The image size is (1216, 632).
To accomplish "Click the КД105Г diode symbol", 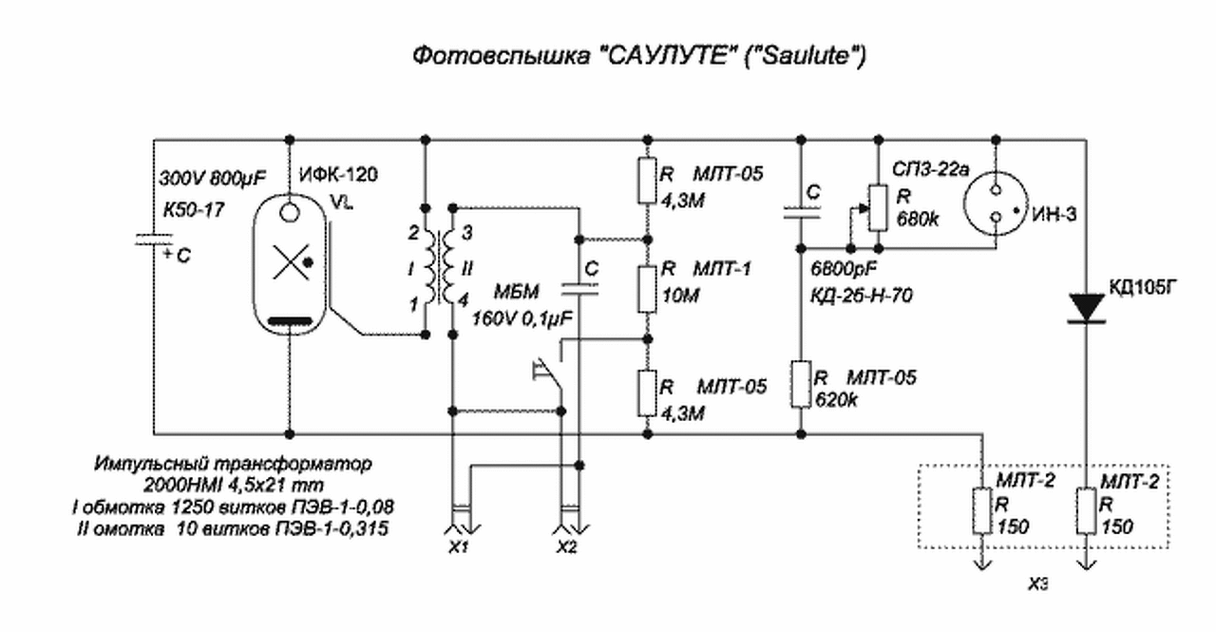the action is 1086,309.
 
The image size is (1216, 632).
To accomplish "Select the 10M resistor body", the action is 647,290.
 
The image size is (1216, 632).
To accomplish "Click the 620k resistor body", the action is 801,383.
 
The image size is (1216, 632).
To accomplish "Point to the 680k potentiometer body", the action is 879,208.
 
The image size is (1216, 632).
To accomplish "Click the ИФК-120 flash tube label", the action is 338,175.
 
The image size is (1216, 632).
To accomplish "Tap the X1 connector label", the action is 459,547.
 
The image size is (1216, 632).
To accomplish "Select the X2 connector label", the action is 567,547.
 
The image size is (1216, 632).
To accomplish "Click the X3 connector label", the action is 1038,584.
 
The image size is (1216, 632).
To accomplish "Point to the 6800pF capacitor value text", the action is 844,268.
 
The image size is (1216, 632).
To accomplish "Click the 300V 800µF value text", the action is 212,178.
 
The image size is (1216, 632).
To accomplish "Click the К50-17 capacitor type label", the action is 194,210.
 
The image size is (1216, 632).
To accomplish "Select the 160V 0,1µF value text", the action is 522,318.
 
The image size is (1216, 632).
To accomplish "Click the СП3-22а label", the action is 930,170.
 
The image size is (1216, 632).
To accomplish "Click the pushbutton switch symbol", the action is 549,374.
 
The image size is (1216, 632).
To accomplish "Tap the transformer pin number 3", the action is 466,233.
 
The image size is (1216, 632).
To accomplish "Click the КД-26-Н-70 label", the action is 861,296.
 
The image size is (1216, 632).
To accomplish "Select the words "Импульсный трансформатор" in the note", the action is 233,464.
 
